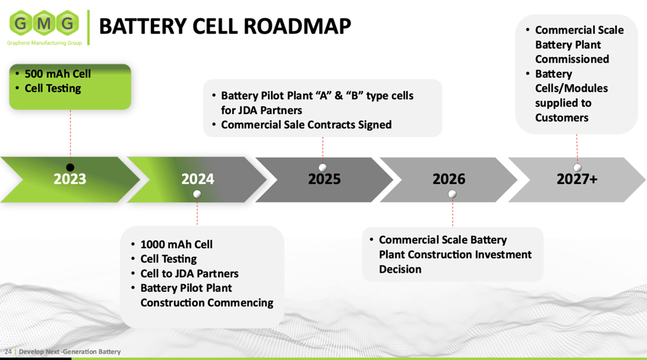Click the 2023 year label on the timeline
pos(70,179)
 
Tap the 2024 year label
pos(197,179)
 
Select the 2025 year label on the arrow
pos(324,179)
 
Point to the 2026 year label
pos(449,179)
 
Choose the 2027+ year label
pos(577,179)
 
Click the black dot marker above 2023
pos(70,167)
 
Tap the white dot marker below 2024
pos(197,194)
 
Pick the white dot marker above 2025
pos(323,167)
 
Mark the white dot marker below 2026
pos(452,194)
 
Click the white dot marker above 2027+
pos(577,167)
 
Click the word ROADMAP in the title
pos(297,26)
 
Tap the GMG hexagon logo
pos(44,23)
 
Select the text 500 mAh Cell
pos(58,74)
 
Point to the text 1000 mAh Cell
pos(176,244)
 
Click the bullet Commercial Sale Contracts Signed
pos(306,125)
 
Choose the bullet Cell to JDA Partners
pos(190,274)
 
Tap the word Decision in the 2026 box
pos(400,269)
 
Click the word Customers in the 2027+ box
pos(562,118)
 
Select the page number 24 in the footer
pos(8,352)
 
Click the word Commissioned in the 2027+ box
pos(572,59)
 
